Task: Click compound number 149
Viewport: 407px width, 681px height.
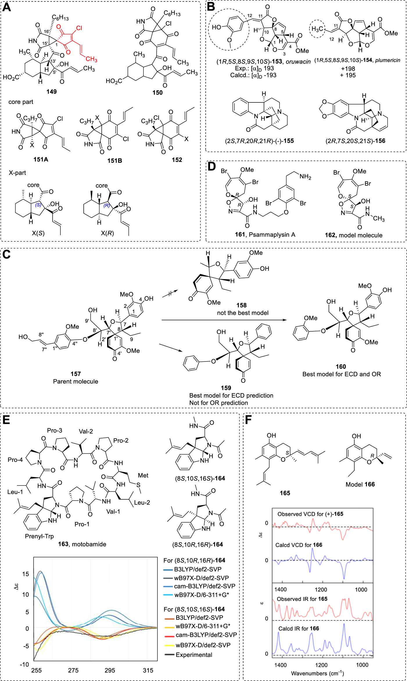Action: point(51,92)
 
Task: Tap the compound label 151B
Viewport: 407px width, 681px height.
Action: point(114,160)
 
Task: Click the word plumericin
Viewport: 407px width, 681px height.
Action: point(388,60)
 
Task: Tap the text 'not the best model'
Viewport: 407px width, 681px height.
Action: point(243,313)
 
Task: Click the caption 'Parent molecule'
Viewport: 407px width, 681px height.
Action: point(76,381)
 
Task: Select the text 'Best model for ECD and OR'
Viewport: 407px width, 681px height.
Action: point(341,374)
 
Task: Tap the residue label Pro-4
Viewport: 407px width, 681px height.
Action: point(15,460)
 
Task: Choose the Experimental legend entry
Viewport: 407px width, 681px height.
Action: point(194,655)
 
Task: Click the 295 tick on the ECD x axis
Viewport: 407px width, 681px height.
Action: point(110,670)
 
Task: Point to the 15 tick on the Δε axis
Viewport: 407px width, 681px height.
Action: point(26,574)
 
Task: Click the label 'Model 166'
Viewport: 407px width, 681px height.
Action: point(360,484)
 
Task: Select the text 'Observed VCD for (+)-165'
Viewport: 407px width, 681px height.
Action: point(310,514)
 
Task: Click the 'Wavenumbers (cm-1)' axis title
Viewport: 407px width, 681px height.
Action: point(317,673)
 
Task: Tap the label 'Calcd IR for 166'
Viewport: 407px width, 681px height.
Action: point(298,628)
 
